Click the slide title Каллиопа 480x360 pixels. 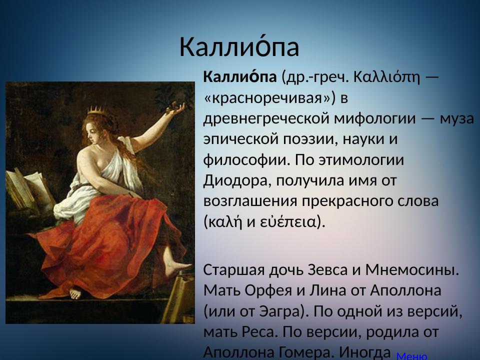(239, 47)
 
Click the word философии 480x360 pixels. (245, 159)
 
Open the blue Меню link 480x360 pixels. (411, 356)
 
